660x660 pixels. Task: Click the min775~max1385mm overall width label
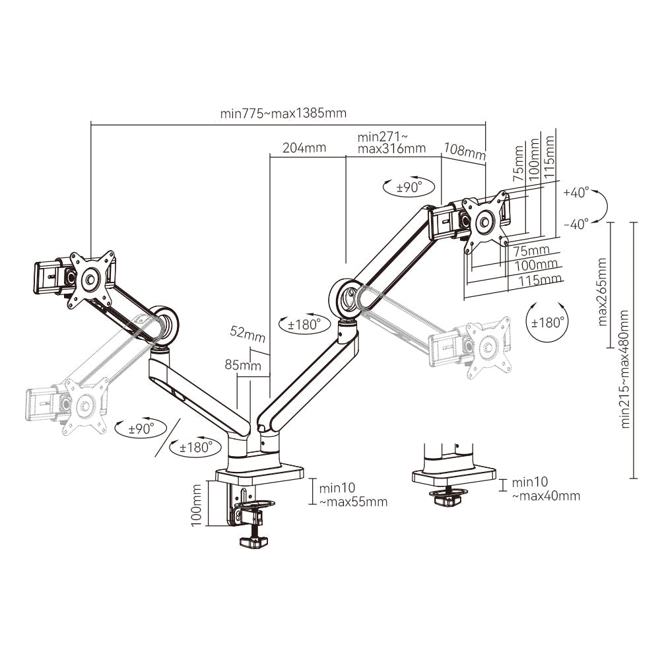283,113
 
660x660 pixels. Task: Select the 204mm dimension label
304,148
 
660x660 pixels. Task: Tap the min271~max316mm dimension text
391,143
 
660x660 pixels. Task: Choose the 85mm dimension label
242,365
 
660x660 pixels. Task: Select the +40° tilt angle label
576,193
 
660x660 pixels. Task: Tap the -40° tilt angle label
576,224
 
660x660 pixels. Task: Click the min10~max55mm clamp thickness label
352,496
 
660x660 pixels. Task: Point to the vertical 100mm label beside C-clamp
196,503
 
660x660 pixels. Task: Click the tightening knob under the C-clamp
253,542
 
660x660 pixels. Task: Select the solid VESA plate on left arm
90,280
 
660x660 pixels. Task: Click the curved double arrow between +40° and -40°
602,209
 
